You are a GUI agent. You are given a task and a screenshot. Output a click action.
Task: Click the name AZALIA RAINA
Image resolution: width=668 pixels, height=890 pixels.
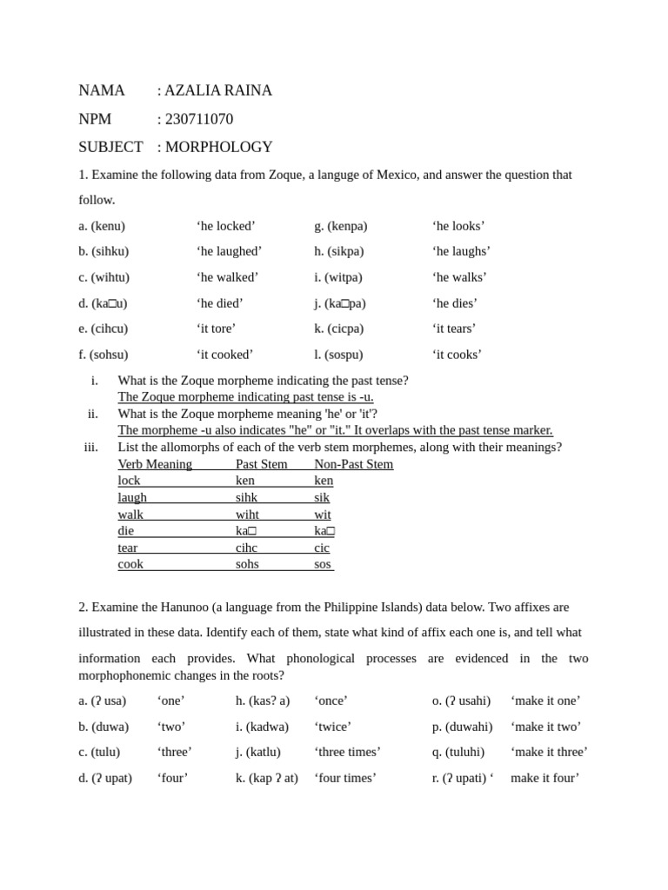point(217,90)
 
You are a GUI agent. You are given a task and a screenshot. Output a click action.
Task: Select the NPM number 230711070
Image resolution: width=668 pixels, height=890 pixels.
point(198,119)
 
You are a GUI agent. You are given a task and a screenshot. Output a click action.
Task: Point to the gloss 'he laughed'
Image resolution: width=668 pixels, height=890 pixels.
point(229,251)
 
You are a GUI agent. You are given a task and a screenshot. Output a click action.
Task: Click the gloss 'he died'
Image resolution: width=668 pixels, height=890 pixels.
point(220,303)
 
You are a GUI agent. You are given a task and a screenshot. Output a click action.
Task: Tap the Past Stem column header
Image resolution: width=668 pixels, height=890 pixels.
point(261,464)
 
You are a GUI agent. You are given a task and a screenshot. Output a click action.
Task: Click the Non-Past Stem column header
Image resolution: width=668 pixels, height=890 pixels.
point(353,464)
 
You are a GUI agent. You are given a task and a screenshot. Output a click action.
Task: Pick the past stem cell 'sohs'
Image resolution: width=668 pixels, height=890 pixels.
point(247,564)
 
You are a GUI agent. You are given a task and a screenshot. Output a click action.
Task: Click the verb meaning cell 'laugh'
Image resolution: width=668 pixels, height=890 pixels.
point(132,497)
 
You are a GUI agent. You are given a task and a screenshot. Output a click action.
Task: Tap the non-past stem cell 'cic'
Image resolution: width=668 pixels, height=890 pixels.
point(322,548)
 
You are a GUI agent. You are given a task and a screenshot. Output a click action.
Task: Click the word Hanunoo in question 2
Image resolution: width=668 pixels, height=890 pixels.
point(181,607)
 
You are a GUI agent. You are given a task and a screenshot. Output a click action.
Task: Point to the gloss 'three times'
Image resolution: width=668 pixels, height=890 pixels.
point(347,752)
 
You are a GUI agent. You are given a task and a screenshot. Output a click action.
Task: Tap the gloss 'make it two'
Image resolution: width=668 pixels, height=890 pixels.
point(545,727)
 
